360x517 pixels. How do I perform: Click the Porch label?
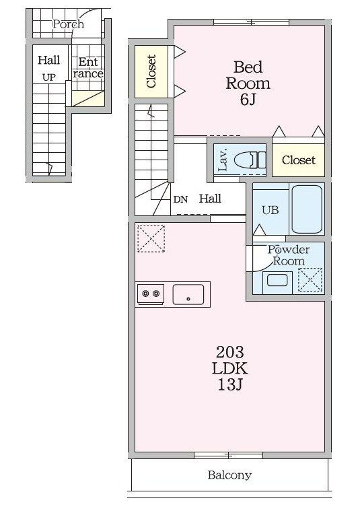pos(68,24)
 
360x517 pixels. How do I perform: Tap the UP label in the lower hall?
pos(49,77)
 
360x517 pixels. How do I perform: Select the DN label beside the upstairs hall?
pos(180,199)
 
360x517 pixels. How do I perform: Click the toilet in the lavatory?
pos(250,160)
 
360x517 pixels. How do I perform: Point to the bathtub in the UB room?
pos(307,209)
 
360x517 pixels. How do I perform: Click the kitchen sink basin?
pos(188,294)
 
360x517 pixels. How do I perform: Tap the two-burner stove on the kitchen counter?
pos(151,294)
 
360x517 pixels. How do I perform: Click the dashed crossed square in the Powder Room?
pos(310,280)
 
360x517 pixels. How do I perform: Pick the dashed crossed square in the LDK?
pos(151,238)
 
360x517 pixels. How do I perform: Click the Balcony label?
pos(229,475)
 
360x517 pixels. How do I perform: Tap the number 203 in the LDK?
pos(229,352)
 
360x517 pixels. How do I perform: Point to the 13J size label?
pos(229,384)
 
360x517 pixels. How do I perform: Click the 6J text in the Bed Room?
pos(248,99)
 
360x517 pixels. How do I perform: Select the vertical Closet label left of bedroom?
pos(151,71)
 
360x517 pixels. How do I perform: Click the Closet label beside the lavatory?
pos(298,160)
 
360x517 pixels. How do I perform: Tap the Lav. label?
pos(223,160)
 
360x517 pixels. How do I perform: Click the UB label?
pos(271,210)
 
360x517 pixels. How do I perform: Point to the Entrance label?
pos(88,67)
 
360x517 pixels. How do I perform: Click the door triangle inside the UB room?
pos(260,230)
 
